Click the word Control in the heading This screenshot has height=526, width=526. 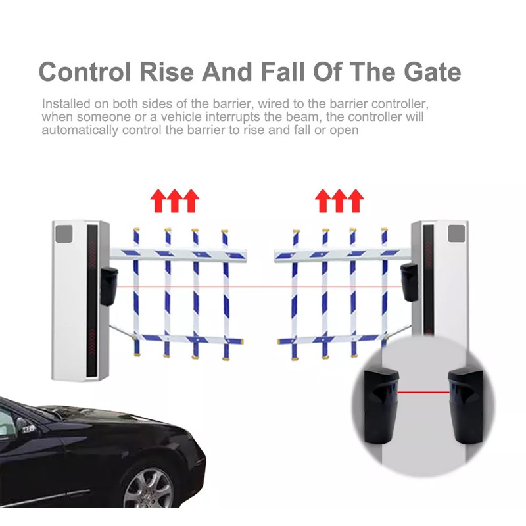click(x=85, y=72)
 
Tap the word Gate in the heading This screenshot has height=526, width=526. click(x=433, y=72)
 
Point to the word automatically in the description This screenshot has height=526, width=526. click(x=80, y=130)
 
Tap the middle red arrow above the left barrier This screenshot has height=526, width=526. click(x=174, y=201)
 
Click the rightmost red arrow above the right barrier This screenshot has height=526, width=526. click(x=355, y=201)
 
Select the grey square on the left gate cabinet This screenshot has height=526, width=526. click(x=64, y=233)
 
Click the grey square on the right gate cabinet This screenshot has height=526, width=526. click(x=456, y=233)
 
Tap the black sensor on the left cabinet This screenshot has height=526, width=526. click(x=108, y=287)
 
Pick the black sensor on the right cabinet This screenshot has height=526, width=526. click(x=410, y=282)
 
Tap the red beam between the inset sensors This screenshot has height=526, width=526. click(x=423, y=392)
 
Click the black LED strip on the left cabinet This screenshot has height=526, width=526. click(x=92, y=300)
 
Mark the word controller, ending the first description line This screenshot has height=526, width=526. click(x=400, y=104)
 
